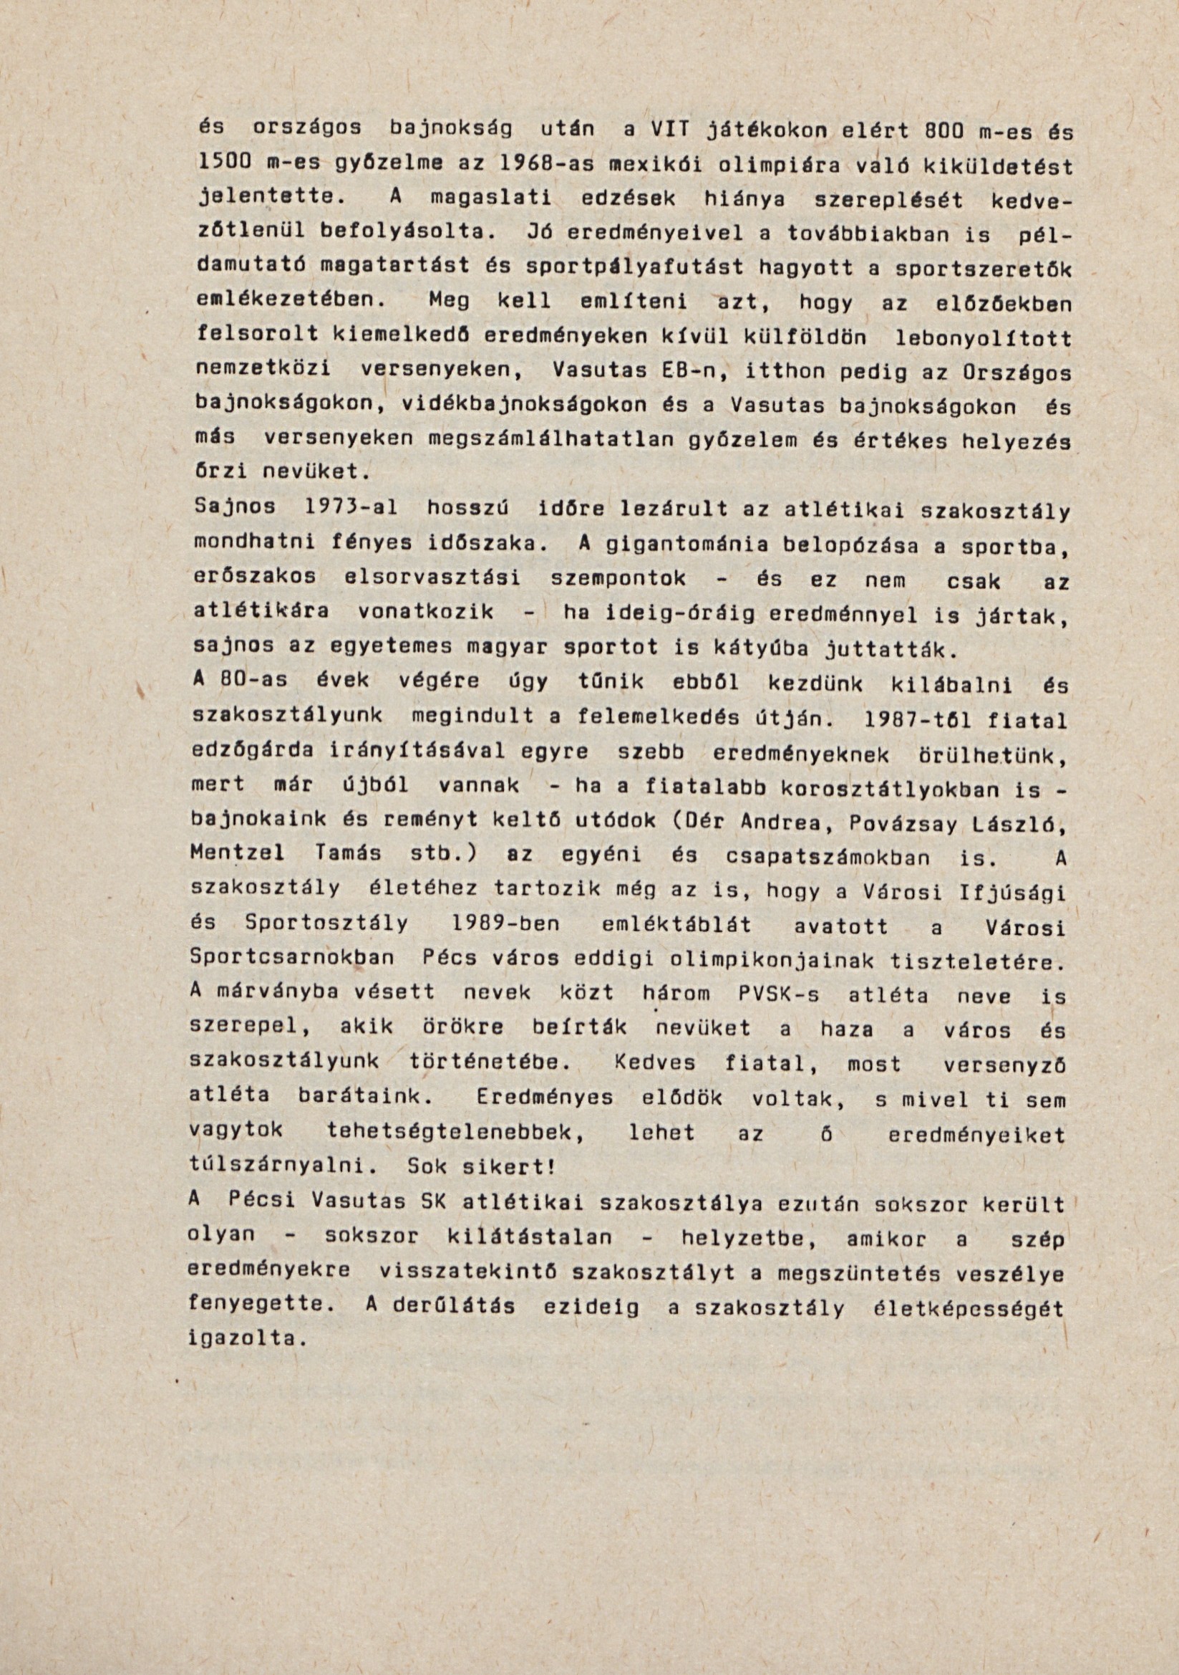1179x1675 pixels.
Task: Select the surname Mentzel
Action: [236, 854]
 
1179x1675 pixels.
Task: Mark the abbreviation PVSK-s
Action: [772, 994]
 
